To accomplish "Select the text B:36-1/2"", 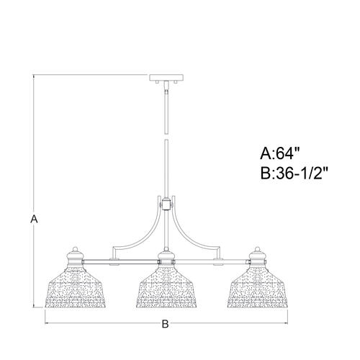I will (295, 174).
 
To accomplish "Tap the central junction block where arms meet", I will (166, 204).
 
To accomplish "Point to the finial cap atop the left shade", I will (76, 253).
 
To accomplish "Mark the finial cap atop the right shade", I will (256, 253).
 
